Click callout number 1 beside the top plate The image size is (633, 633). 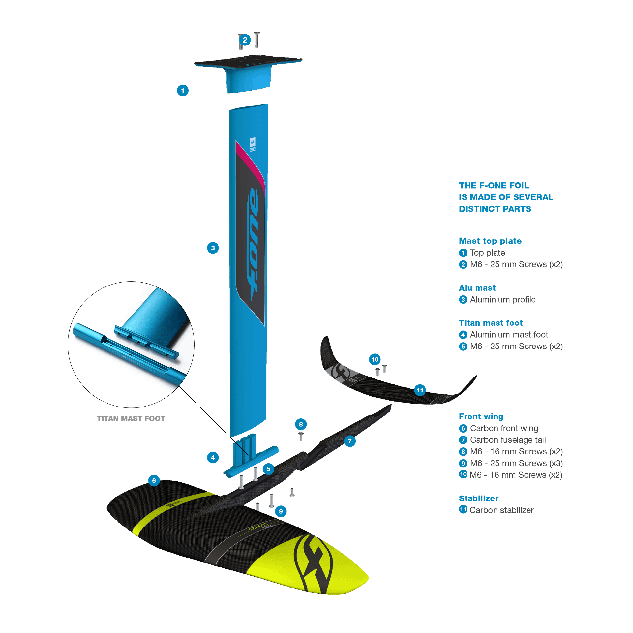point(183,91)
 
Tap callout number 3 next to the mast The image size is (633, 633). point(213,248)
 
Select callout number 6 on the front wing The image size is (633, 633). point(154,481)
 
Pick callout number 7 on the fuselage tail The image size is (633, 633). point(350,441)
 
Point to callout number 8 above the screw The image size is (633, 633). point(301,424)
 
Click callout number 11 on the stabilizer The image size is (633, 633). point(420,390)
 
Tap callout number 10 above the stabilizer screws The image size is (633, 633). point(375,359)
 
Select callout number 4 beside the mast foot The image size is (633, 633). point(213,457)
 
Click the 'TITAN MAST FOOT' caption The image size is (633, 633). point(131,419)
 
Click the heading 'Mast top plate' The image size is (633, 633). point(490,241)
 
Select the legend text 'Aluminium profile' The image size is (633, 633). point(503,300)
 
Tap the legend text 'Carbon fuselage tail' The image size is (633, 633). point(508,440)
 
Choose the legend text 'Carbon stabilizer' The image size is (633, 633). point(501,510)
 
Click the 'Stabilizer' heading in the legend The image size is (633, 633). point(479,498)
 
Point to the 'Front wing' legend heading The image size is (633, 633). point(481,416)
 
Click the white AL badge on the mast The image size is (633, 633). point(253,142)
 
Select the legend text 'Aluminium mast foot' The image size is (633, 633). point(509,335)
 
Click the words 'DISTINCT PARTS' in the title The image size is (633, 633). point(495,209)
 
